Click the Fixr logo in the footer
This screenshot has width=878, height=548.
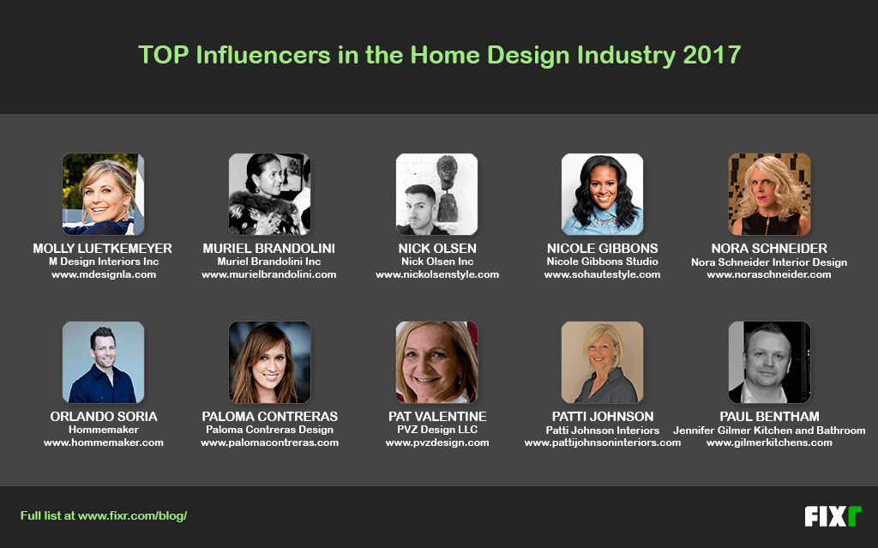point(833,516)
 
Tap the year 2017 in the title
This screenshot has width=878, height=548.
point(712,55)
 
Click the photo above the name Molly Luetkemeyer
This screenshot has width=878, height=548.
point(103,194)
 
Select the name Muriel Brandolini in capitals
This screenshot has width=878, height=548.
point(268,248)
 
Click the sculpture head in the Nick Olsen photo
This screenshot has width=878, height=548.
point(447,172)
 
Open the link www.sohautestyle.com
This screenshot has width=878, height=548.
point(603,274)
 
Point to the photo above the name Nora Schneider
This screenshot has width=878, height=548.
point(769,194)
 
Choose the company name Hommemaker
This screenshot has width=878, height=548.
point(104,430)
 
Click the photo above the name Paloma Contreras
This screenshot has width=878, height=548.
point(269,362)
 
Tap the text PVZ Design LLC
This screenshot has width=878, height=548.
point(437,430)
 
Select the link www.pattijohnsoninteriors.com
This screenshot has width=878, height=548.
point(603,443)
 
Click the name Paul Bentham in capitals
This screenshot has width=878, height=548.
point(769,416)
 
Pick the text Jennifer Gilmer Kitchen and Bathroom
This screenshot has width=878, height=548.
point(769,431)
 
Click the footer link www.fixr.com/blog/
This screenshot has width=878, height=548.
point(133,515)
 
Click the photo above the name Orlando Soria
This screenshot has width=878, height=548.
point(103,362)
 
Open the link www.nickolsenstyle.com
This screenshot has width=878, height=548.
point(437,274)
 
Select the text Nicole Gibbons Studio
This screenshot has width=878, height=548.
point(603,262)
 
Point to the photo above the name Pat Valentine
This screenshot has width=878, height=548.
point(436,362)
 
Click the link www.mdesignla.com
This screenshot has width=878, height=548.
point(104,274)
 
